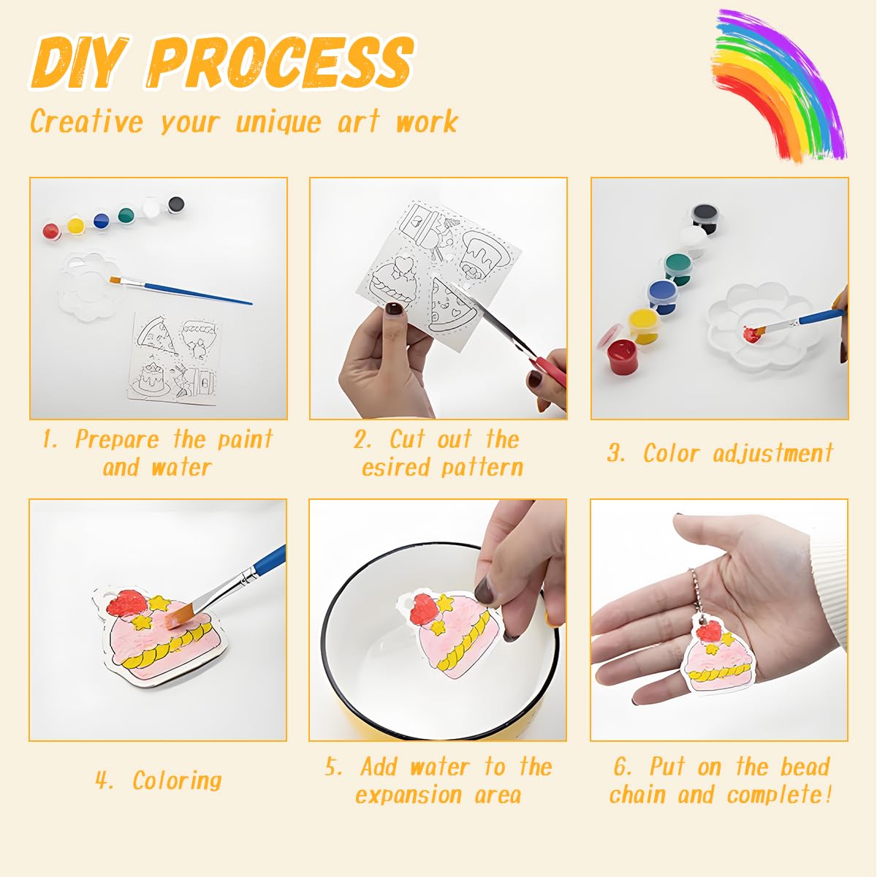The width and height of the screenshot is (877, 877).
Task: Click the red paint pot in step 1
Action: (x=50, y=231)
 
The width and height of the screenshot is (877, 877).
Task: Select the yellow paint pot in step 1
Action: (x=75, y=225)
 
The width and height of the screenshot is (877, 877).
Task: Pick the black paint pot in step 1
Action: (x=176, y=204)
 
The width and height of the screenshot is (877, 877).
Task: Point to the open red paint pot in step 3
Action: (x=622, y=354)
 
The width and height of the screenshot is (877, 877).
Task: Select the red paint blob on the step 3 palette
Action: (x=751, y=334)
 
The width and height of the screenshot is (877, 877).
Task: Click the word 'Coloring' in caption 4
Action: (x=177, y=780)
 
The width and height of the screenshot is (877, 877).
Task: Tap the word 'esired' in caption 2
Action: (x=393, y=467)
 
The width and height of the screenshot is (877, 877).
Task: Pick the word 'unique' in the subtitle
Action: (x=278, y=121)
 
